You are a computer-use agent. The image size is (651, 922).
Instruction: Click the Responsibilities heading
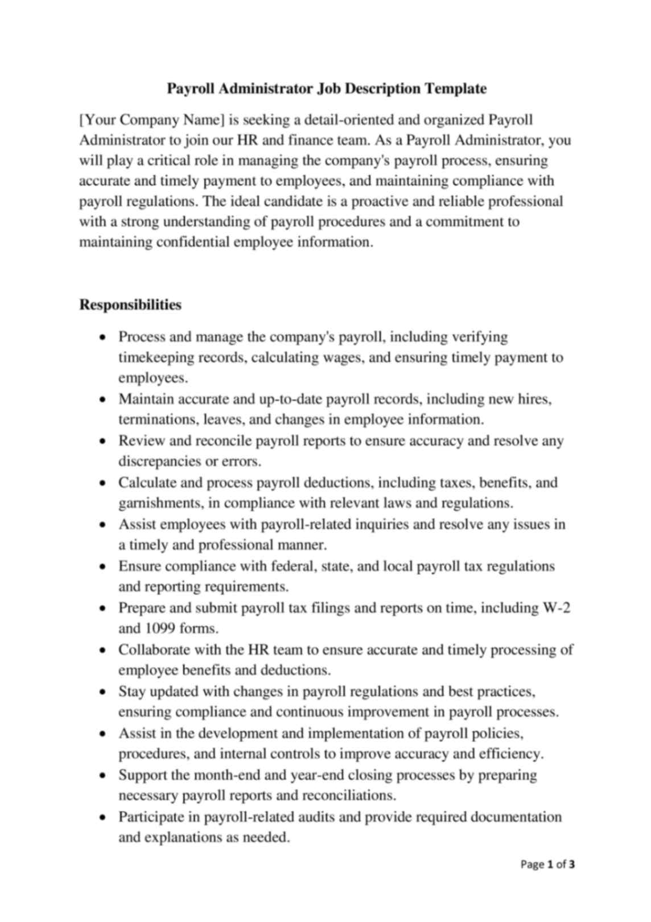[x=130, y=305]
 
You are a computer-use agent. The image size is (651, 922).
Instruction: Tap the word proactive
[x=382, y=201]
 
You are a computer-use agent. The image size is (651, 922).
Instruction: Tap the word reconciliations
[x=348, y=796]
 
